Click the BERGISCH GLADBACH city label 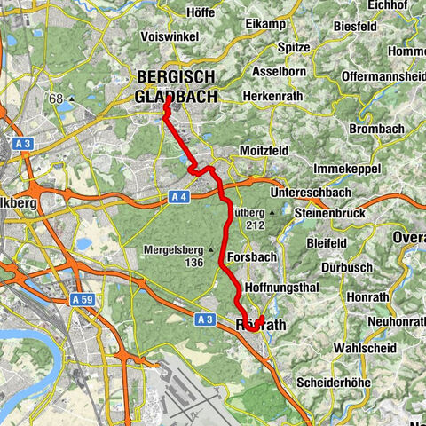coord(177,86)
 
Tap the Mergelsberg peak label coord(173,249)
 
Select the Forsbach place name coord(248,256)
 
